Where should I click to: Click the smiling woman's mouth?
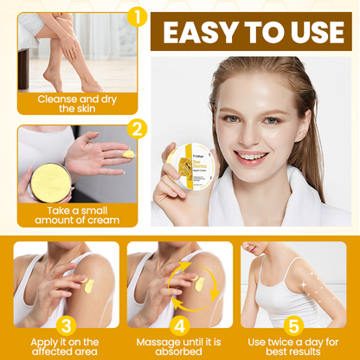tap(250, 158)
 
